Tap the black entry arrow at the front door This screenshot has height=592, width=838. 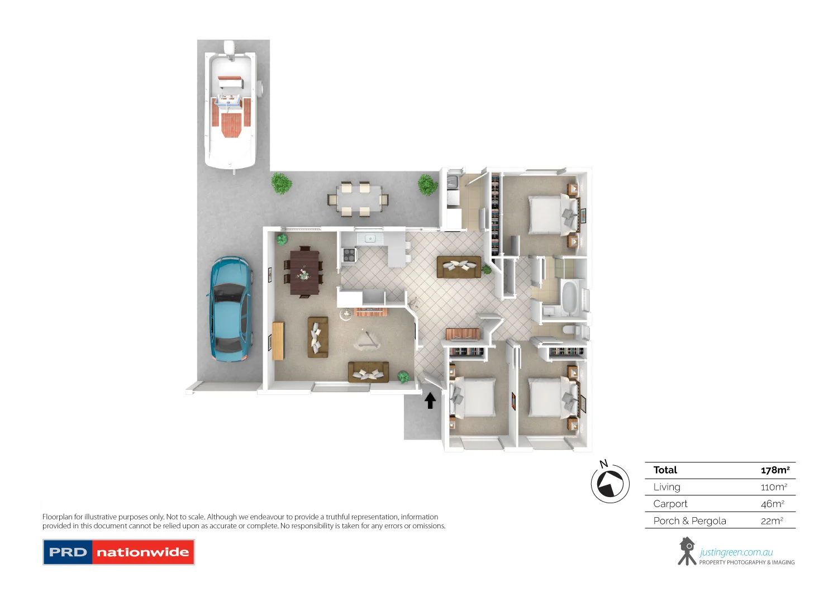[x=430, y=400]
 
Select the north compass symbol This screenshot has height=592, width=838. [x=610, y=483]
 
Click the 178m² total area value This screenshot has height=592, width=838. [x=775, y=470]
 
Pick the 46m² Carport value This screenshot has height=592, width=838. [x=772, y=504]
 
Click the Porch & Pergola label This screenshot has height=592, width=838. [x=689, y=521]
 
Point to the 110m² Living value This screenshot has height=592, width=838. [x=774, y=487]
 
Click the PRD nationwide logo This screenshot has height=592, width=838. [x=118, y=552]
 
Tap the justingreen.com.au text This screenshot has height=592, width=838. [x=736, y=552]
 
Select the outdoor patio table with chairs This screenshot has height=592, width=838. [x=358, y=199]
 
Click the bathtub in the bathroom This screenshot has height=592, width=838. [x=571, y=297]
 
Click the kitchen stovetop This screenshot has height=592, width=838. [x=349, y=255]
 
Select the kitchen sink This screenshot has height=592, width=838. [x=369, y=238]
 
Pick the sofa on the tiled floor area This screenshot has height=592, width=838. [x=459, y=267]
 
